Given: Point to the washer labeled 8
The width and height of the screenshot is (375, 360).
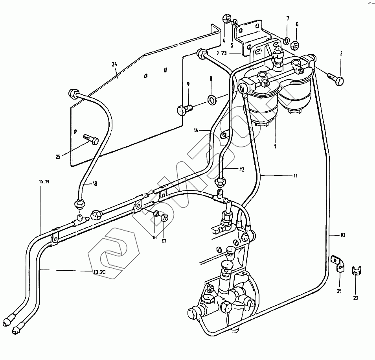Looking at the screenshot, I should tap(211, 99).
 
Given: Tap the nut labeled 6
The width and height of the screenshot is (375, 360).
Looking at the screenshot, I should tap(296, 43).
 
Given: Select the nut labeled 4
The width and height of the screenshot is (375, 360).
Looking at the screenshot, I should tap(227, 19).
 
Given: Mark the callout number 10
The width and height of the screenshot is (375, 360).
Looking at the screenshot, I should tap(343, 235).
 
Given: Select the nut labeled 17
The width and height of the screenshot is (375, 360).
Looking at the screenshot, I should tap(165, 217).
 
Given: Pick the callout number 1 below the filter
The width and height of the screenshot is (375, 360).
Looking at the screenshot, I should tap(276, 146).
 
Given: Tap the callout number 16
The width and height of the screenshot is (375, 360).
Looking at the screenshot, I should tap(154, 237).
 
